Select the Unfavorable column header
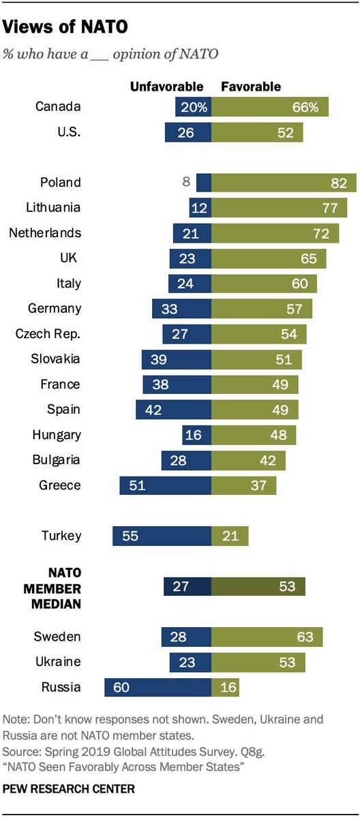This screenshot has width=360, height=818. [x=167, y=87]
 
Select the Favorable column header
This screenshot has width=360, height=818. [x=250, y=87]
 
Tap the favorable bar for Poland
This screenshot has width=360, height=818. [x=284, y=183]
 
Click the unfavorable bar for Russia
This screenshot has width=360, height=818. [x=157, y=687]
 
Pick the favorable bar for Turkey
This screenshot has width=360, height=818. [x=230, y=535]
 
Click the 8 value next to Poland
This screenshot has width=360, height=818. [x=185, y=183]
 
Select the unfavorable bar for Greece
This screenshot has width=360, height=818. [x=165, y=485]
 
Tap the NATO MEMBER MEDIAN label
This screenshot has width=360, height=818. [x=53, y=587]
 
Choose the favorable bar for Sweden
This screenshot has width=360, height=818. [x=267, y=637]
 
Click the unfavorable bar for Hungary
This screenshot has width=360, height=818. [x=196, y=435]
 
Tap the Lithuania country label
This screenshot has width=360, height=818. [x=54, y=208]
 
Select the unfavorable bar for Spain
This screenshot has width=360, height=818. [x=173, y=410]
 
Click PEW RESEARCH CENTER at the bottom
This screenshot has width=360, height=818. [x=69, y=789]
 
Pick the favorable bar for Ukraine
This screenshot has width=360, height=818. [x=258, y=662]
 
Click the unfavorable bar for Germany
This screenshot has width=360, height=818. [x=181, y=309]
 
